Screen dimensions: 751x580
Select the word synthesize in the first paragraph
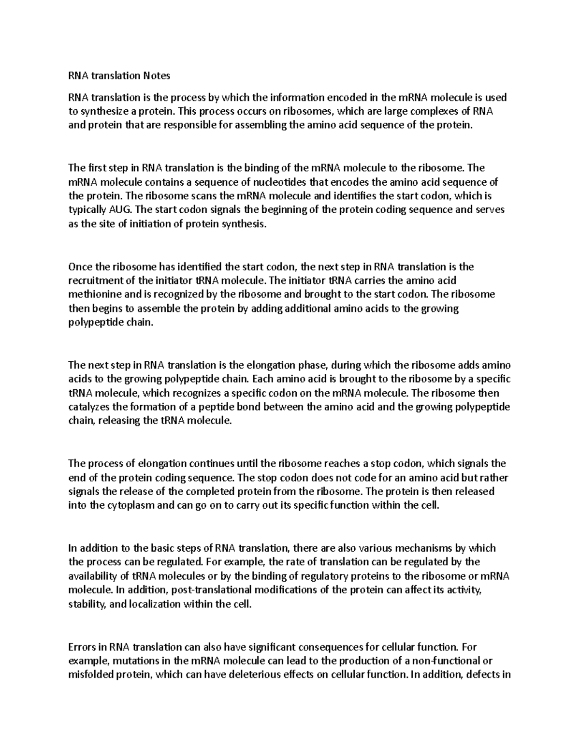103,112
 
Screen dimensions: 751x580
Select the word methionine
94,295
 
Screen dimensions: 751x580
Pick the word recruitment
96,280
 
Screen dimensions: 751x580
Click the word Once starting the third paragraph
79,266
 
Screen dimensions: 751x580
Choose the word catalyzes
90,407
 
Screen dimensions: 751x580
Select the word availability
93,576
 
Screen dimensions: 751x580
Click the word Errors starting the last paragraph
82,647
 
